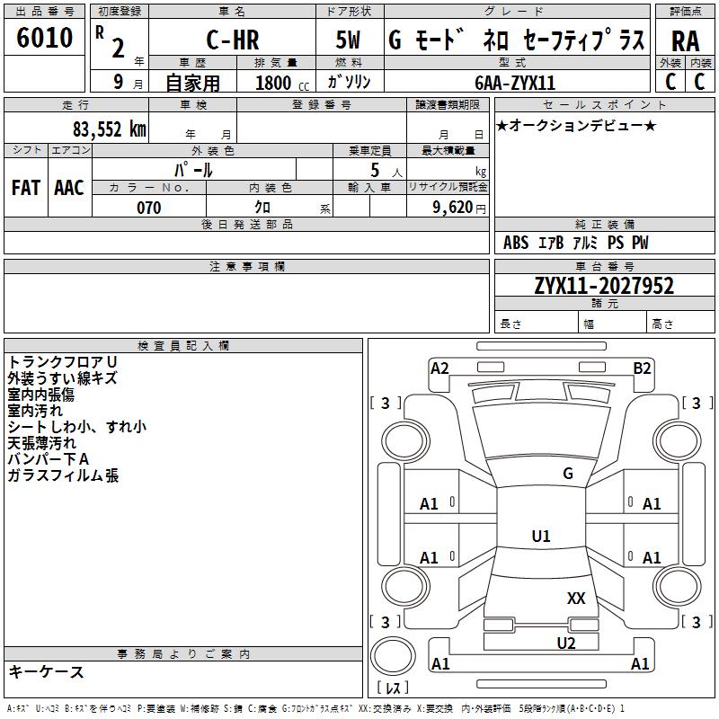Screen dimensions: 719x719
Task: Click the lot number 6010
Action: tap(45, 39)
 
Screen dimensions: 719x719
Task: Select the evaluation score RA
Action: tap(685, 40)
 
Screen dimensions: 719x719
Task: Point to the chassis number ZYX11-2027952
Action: tap(604, 286)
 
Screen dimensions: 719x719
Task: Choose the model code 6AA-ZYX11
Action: tap(515, 82)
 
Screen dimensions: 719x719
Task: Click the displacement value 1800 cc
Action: tap(279, 83)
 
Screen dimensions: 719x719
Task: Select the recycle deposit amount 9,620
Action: tap(453, 208)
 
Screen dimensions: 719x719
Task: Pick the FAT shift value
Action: tap(26, 187)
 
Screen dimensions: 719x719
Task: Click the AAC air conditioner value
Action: tap(69, 187)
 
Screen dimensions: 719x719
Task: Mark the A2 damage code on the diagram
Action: tap(439, 368)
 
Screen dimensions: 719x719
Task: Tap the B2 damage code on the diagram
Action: tap(642, 368)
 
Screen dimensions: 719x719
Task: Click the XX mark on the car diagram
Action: tap(576, 598)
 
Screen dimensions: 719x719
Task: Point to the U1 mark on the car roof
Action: tap(541, 536)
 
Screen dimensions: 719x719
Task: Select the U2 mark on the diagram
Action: tap(565, 643)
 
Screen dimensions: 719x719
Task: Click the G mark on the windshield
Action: tap(567, 474)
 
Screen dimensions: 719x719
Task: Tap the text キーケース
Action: tap(47, 672)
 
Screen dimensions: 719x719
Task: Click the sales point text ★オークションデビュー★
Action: tap(576, 125)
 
